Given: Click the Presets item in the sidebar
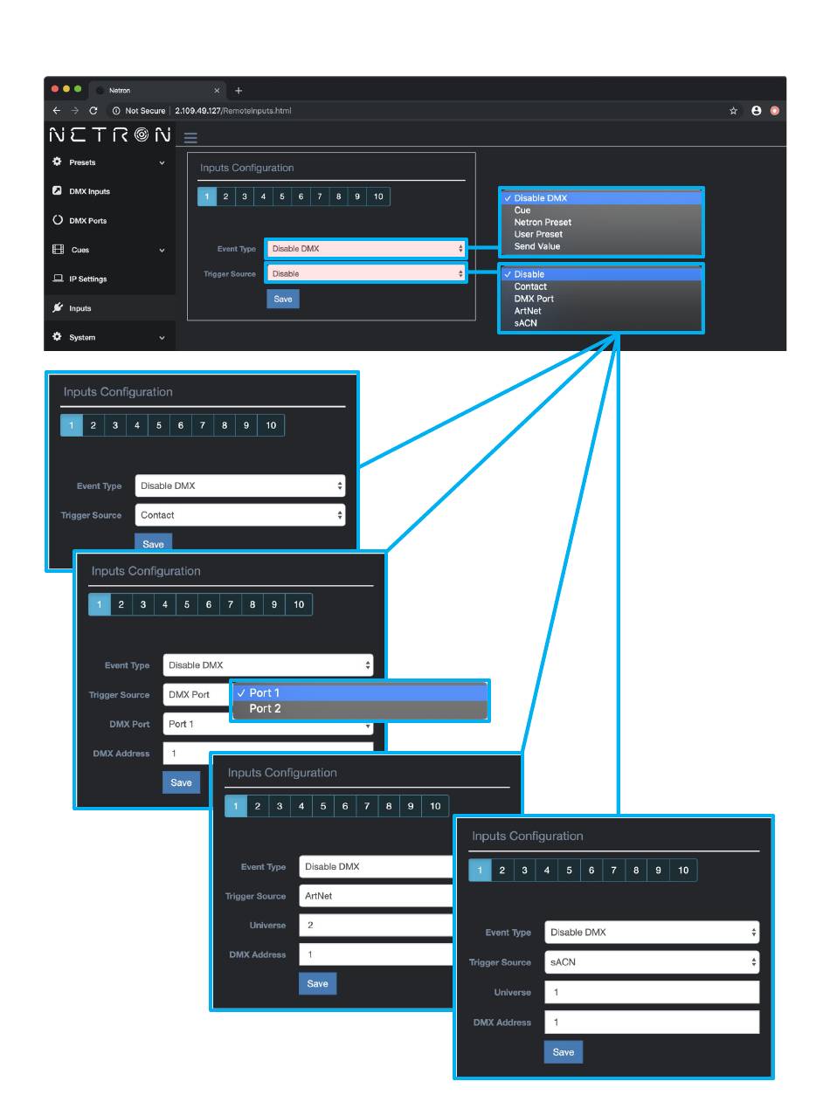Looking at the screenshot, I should (x=82, y=162).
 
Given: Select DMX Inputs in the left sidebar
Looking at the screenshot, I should (x=89, y=191).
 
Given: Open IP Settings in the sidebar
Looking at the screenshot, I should (x=87, y=279).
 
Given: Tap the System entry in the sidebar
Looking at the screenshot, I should (x=82, y=337).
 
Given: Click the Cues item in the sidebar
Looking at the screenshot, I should (x=80, y=250).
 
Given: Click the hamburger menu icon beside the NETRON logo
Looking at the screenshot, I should (x=190, y=138).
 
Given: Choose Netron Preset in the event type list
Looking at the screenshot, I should (x=543, y=223).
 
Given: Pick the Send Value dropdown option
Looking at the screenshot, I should (x=536, y=246).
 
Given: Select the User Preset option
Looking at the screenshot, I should (x=538, y=234).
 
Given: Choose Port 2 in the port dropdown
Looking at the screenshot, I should (x=266, y=709).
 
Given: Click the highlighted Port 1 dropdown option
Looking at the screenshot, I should (x=265, y=693).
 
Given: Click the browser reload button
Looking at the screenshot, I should (x=93, y=111).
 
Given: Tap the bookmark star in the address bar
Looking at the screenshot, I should (x=734, y=111).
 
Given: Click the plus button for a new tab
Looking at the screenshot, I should (x=239, y=91).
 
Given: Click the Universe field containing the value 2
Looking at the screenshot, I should (x=376, y=925).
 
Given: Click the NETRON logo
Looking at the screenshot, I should (x=110, y=134).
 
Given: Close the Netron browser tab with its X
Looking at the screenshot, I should (x=217, y=91).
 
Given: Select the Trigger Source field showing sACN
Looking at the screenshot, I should (x=651, y=962).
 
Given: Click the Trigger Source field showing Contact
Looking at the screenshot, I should (x=239, y=515).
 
